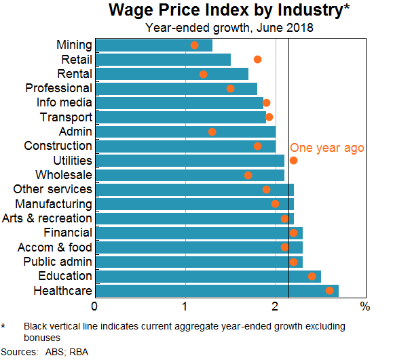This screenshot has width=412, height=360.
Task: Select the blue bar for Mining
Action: pos(153,45)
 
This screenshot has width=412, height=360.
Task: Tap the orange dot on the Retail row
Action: pos(257,60)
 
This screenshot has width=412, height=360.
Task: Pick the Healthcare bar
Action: pos(217,291)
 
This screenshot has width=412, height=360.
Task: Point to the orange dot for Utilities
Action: pos(293,161)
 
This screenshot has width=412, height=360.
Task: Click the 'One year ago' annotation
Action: pos(327,148)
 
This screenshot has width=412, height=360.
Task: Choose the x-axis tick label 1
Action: pos(185,306)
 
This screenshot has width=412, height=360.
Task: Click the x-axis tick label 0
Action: pos(96,306)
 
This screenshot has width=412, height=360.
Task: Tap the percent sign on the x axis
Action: pos(365,306)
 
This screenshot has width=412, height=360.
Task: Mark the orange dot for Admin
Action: pos(212,132)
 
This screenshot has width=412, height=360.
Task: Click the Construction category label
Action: pos(58,146)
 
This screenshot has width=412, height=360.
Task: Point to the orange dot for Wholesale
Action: pos(248,175)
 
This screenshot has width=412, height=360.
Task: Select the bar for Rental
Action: pos(172,74)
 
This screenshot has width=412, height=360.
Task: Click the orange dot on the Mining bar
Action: pos(195,45)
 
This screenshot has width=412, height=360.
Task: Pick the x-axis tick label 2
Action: pos(274,306)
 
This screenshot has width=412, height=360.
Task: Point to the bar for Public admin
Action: pos(199,262)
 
